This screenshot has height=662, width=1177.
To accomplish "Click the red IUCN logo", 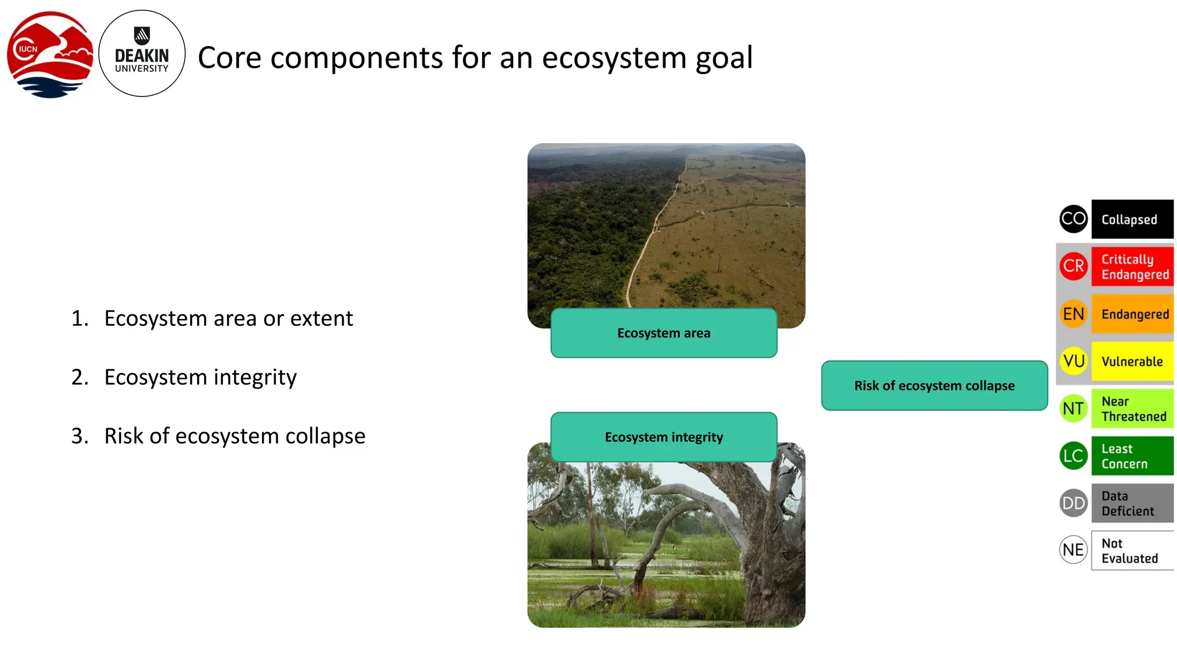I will (49, 54).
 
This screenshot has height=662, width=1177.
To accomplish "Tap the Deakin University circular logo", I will (141, 53).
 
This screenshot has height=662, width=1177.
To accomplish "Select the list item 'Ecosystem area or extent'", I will (228, 318).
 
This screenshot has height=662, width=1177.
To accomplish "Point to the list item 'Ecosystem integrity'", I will (200, 378).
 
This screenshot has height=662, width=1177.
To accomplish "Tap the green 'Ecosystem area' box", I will (664, 333).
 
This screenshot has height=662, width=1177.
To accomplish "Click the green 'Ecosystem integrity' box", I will (664, 437).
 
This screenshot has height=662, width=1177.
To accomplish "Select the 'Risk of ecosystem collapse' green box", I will (934, 386).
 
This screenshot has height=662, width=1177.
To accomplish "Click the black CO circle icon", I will (1074, 219).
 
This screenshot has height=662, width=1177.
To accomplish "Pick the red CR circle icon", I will (1074, 266).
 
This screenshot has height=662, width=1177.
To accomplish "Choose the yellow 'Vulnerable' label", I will (1132, 361).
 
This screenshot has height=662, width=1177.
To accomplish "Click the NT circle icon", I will (1074, 409).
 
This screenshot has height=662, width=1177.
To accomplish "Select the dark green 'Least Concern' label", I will (1132, 456).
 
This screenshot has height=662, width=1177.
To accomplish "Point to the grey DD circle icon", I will (1074, 503).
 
